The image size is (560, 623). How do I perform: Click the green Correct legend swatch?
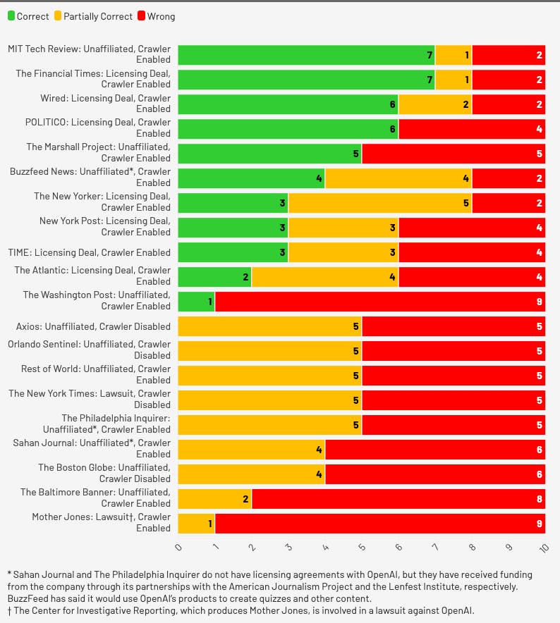[x=11, y=16]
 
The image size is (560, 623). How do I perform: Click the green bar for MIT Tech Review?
[x=306, y=55]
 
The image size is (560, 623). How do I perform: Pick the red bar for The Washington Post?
[x=379, y=302]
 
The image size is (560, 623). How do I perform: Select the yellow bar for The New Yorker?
[x=379, y=203]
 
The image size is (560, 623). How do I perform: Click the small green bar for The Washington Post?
[x=196, y=302]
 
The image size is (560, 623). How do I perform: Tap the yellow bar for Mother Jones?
[x=196, y=524]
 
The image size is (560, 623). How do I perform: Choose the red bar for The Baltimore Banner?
[x=398, y=499]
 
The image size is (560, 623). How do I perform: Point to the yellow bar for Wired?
[x=434, y=104]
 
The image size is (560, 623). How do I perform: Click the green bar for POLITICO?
[x=288, y=129]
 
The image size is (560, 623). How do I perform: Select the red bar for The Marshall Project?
[x=453, y=154]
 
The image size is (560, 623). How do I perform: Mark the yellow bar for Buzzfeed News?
[x=398, y=178]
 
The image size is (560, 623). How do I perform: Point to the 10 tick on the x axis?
[x=543, y=548]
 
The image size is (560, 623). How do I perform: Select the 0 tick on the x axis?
[x=178, y=548]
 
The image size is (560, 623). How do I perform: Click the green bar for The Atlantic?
[x=214, y=277]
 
